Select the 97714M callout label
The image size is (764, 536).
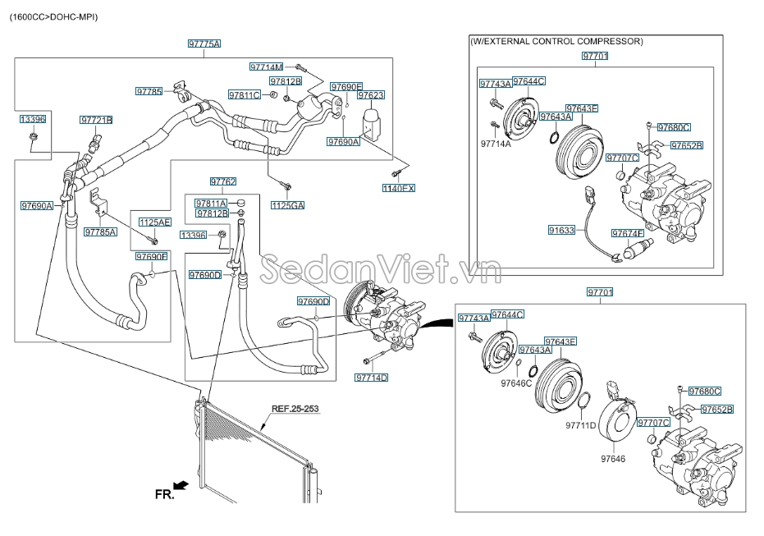(266, 66)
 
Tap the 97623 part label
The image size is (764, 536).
(371, 95)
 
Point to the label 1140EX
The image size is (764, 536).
(399, 189)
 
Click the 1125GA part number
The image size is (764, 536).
(287, 204)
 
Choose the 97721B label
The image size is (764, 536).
(96, 120)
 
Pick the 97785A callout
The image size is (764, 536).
(100, 232)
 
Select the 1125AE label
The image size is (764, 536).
(154, 222)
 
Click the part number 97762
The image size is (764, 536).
(223, 182)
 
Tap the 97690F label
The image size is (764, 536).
(151, 257)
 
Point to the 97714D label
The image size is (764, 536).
(372, 378)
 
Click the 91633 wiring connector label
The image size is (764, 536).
(561, 231)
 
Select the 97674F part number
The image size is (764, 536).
(630, 234)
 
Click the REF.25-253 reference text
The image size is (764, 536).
(294, 408)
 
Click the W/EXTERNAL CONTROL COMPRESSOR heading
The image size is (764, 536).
(556, 41)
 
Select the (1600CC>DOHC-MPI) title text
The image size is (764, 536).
(53, 17)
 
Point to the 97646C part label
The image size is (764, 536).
(516, 383)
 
